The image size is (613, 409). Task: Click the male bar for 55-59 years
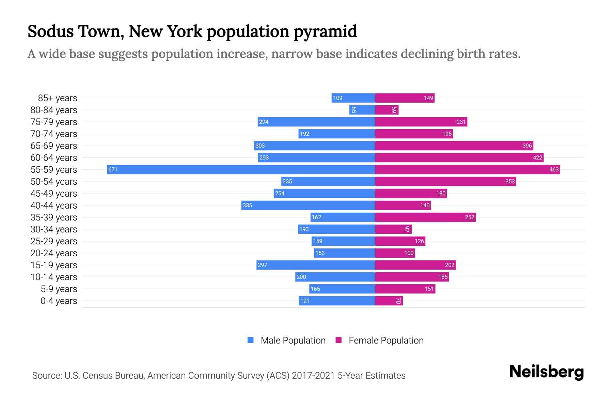pyautogui.click(x=241, y=169)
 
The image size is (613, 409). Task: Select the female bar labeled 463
pyautogui.click(x=467, y=169)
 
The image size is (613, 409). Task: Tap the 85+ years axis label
pyautogui.click(x=58, y=98)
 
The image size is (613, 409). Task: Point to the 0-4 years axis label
pyautogui.click(x=59, y=301)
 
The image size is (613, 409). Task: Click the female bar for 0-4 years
pyautogui.click(x=389, y=301)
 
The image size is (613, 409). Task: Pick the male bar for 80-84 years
pyautogui.click(x=362, y=110)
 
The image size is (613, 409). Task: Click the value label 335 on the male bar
pyautogui.click(x=248, y=205)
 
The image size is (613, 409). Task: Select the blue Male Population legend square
pyautogui.click(x=251, y=340)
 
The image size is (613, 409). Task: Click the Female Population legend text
pyautogui.click(x=386, y=340)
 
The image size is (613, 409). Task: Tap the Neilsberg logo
pyautogui.click(x=546, y=372)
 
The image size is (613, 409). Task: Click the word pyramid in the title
pyautogui.click(x=325, y=31)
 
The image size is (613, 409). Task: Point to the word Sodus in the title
pyautogui.click(x=50, y=31)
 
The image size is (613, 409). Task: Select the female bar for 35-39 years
pyautogui.click(x=425, y=217)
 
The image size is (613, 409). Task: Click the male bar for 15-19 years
pyautogui.click(x=315, y=265)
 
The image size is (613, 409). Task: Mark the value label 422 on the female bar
pyautogui.click(x=537, y=157)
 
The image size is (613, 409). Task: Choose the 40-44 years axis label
pyautogui.click(x=54, y=206)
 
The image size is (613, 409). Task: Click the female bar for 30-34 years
pyautogui.click(x=393, y=229)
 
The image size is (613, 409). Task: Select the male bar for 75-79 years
pyautogui.click(x=316, y=122)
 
